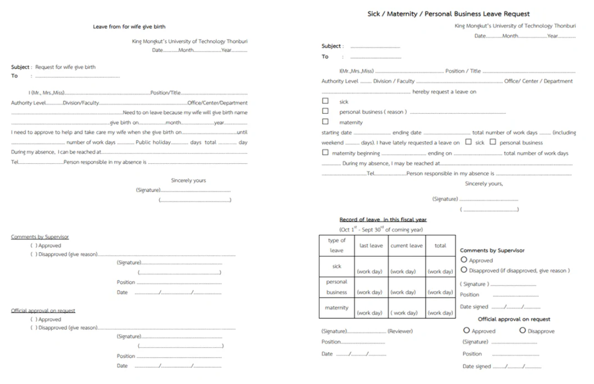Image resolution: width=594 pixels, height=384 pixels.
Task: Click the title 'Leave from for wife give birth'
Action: [x=129, y=27]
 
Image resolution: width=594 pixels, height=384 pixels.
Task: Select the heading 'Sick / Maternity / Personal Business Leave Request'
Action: [x=448, y=14]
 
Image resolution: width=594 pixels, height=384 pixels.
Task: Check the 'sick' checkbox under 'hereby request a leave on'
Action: [x=325, y=101]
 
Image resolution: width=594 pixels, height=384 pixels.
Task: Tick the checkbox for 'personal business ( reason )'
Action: [x=325, y=111]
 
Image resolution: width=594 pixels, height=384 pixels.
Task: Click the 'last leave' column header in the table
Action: [x=371, y=246]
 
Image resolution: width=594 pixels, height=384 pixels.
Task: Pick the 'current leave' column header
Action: [x=406, y=246]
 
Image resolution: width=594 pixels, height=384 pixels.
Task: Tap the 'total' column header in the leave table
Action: [x=440, y=246]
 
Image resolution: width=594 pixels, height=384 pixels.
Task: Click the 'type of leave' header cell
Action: [x=336, y=245]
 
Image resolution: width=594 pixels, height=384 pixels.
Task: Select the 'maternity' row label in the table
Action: [x=336, y=308]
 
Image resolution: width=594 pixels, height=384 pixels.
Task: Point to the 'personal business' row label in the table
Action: [x=336, y=287]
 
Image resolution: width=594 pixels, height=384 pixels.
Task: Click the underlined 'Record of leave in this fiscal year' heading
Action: [x=383, y=220]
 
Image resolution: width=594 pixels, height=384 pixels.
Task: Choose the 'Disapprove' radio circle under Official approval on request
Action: [x=522, y=330]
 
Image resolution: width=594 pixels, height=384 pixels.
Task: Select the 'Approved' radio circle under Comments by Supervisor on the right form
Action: [x=464, y=260]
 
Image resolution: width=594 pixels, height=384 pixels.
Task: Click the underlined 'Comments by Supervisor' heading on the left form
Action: [x=40, y=237]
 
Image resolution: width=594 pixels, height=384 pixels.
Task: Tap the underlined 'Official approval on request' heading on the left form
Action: [x=43, y=311]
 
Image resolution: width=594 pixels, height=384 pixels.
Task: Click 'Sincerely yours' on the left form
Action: [x=188, y=180]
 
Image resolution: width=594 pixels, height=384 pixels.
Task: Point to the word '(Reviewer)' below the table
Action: [x=400, y=331]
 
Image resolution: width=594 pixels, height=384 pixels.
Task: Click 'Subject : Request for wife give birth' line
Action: [x=54, y=67]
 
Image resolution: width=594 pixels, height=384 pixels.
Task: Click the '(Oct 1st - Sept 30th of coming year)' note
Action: [x=381, y=230]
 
